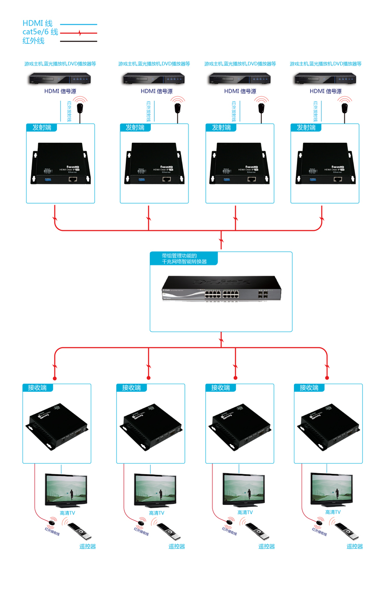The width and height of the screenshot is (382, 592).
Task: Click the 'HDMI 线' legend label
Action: [37, 23]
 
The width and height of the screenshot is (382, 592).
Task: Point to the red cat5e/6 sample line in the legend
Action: [78, 33]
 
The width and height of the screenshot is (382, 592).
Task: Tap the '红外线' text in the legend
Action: [34, 41]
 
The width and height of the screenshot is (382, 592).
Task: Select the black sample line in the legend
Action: [78, 41]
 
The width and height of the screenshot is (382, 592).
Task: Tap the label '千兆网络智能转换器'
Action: [184, 261]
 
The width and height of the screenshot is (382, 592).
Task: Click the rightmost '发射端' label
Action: [307, 127]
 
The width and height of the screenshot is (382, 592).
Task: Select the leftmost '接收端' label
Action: [34, 388]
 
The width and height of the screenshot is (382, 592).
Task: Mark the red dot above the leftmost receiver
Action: [54, 378]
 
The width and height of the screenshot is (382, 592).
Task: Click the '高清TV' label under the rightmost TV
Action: [333, 512]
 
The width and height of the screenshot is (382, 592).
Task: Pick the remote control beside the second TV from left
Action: [168, 532]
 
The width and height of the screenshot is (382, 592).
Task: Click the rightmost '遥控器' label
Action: [355, 546]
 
